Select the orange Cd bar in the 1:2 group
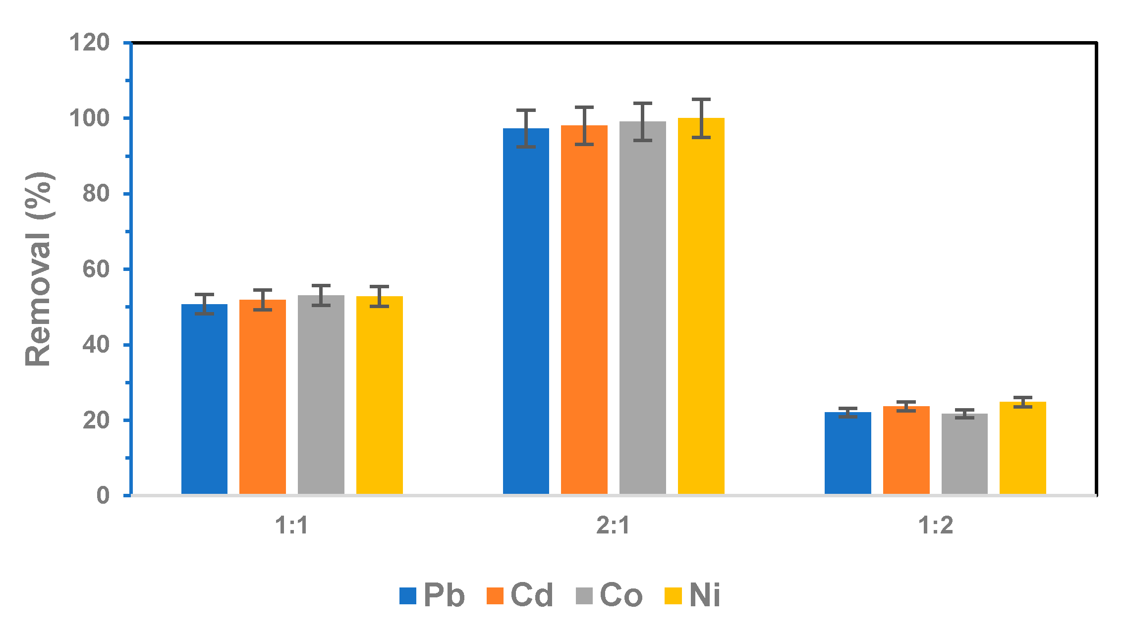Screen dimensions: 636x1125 (906, 450)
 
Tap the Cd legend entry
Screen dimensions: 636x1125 (520, 595)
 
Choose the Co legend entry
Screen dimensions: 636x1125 (609, 595)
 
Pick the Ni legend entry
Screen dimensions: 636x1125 (693, 595)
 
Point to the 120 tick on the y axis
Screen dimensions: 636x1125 (90, 43)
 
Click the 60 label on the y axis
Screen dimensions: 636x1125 (96, 269)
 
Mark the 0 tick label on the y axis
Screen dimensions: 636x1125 (103, 495)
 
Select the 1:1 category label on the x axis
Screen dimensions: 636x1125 (292, 526)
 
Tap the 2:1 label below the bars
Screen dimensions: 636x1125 (614, 526)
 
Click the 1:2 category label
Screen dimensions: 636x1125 (936, 526)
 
